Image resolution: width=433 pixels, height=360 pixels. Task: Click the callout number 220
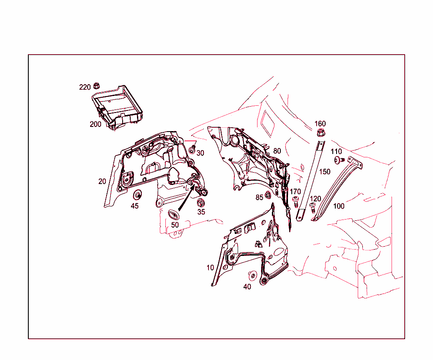(85, 87)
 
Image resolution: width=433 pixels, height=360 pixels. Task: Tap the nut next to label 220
(96, 86)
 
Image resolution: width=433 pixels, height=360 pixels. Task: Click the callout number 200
(95, 124)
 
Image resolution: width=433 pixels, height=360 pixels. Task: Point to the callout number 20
(102, 181)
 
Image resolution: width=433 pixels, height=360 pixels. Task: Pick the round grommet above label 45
(137, 195)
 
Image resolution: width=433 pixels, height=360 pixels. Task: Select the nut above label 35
(201, 203)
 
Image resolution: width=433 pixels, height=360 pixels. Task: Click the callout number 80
(277, 151)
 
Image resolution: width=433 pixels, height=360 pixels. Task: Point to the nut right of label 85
(268, 196)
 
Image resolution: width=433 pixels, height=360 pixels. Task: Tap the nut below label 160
(320, 133)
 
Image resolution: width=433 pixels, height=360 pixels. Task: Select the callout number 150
(325, 172)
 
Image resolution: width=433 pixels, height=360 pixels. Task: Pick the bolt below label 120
(312, 207)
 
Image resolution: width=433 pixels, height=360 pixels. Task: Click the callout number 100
(339, 206)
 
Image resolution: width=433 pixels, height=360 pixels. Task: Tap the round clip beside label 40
(252, 275)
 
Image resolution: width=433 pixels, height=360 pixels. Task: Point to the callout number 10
(210, 268)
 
